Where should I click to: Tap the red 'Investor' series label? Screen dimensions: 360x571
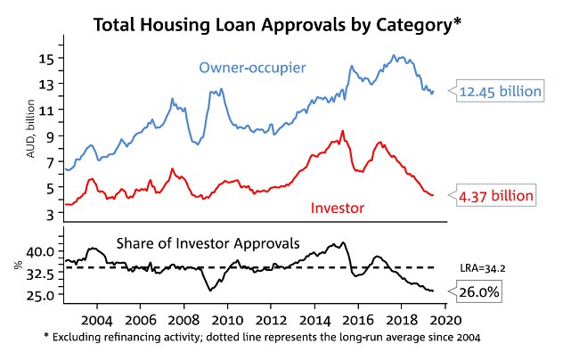click(x=338, y=208)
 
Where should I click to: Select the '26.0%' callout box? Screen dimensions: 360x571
click(x=479, y=291)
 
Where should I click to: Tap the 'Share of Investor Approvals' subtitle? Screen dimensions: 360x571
click(x=208, y=242)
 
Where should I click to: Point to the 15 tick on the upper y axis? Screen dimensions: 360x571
click(x=46, y=58)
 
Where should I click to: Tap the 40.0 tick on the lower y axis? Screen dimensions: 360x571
click(x=41, y=251)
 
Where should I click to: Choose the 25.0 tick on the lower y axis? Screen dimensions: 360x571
click(x=41, y=294)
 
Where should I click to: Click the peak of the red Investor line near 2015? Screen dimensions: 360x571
click(x=342, y=132)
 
